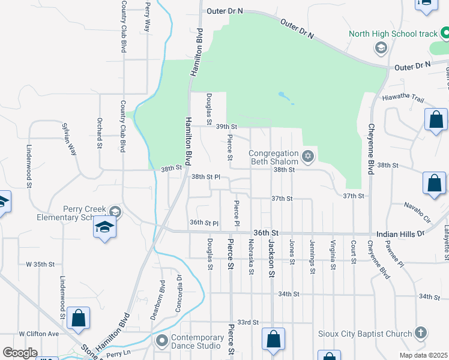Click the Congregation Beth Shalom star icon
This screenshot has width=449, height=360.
(x=308, y=157)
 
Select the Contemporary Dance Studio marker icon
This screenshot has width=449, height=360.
(x=161, y=341)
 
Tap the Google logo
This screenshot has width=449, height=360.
(x=20, y=353)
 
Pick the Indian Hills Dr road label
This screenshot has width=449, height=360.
(x=400, y=233)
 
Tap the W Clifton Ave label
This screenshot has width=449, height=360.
(x=39, y=334)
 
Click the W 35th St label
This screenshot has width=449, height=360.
(x=40, y=264)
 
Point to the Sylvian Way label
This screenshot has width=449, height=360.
(x=70, y=140)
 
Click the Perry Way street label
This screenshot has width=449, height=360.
(x=147, y=17)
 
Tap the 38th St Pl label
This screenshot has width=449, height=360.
(x=206, y=177)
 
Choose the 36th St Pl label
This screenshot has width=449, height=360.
(x=203, y=223)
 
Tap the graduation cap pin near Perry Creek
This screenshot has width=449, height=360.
(x=104, y=227)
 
